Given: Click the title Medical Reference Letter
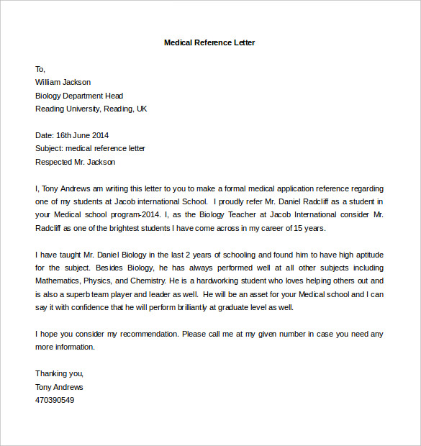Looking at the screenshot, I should tap(209, 42).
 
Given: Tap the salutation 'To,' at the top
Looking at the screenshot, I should tap(40, 69).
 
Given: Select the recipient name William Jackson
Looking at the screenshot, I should tap(63, 82).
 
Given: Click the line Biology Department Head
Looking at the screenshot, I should tap(79, 96).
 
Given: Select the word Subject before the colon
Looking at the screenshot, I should tap(48, 148).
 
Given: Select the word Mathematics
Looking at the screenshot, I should tap(58, 281).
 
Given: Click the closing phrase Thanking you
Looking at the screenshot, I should tap(59, 373).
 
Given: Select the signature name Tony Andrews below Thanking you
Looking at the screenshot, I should tap(59, 387).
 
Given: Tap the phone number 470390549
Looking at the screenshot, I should tap(55, 400).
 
